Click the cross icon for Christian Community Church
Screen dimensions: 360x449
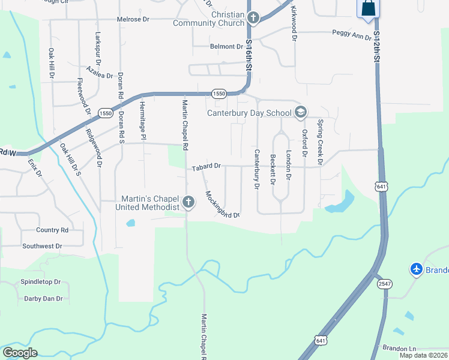point(253,18)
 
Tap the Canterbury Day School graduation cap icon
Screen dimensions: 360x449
point(300,112)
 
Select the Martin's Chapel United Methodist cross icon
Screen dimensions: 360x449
point(188,202)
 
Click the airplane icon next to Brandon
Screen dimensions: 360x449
point(416,269)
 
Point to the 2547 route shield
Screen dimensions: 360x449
point(385,283)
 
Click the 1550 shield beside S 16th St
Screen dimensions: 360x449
point(219,94)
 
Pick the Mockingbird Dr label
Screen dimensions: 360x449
point(222,205)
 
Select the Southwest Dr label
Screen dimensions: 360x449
point(42,246)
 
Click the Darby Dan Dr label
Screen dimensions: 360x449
point(43,298)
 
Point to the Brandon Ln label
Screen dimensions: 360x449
point(399,348)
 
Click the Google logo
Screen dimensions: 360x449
point(20,353)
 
